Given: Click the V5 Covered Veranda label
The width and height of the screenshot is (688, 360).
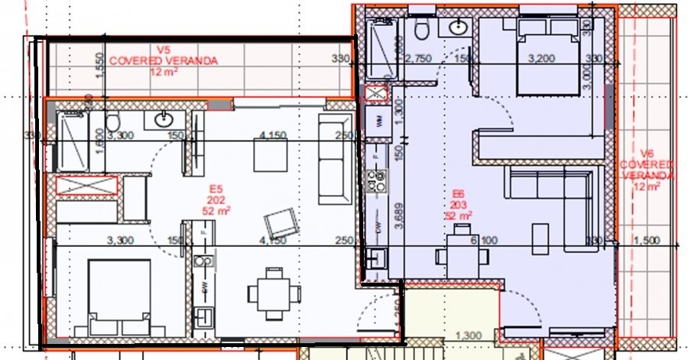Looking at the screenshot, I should (164, 60).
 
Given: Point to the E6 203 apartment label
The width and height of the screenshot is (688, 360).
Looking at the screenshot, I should (459, 205).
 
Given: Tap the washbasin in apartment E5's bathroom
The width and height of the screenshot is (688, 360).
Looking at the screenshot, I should (164, 119).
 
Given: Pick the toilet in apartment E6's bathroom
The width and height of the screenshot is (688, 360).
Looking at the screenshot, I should (420, 29).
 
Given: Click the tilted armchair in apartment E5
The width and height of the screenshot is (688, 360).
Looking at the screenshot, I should (277, 224).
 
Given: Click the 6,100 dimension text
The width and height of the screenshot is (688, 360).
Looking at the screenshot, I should (483, 240).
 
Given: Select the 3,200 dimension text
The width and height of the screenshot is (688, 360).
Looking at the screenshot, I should (540, 58).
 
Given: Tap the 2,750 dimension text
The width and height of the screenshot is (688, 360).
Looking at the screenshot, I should (419, 58).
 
